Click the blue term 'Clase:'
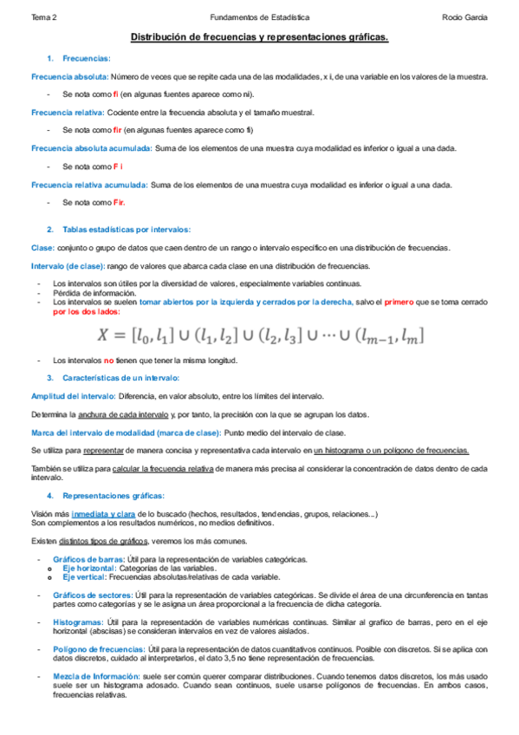pos(42,248)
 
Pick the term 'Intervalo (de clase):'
pos(68,265)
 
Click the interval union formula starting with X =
pos(260,335)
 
